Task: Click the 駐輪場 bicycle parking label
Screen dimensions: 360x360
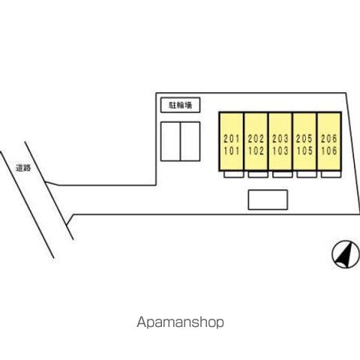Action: coord(181,105)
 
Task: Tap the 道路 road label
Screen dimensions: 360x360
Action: coord(23,168)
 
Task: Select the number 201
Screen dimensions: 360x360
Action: coord(232,139)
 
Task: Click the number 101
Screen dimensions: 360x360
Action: coord(232,151)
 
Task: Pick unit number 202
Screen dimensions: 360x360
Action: coord(256,139)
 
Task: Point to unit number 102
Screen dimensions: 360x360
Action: coord(256,151)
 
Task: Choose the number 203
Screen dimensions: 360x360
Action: coord(280,139)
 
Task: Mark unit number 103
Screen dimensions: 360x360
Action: coord(280,151)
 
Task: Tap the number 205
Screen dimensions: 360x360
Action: coord(304,139)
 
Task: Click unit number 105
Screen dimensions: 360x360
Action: coord(304,151)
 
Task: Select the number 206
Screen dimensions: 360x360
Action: coord(329,139)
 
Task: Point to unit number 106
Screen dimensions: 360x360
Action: coord(329,151)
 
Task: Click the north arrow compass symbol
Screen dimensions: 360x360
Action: coord(345,254)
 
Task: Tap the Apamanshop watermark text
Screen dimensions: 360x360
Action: coord(180,322)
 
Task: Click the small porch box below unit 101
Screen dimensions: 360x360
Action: coord(234,174)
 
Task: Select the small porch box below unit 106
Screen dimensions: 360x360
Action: coord(331,174)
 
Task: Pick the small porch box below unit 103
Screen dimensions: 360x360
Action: coord(283,174)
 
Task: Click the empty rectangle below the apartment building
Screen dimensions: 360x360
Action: coord(268,199)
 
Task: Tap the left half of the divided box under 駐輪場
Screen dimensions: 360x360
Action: coord(170,142)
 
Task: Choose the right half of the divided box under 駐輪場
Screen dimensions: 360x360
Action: coord(190,142)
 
